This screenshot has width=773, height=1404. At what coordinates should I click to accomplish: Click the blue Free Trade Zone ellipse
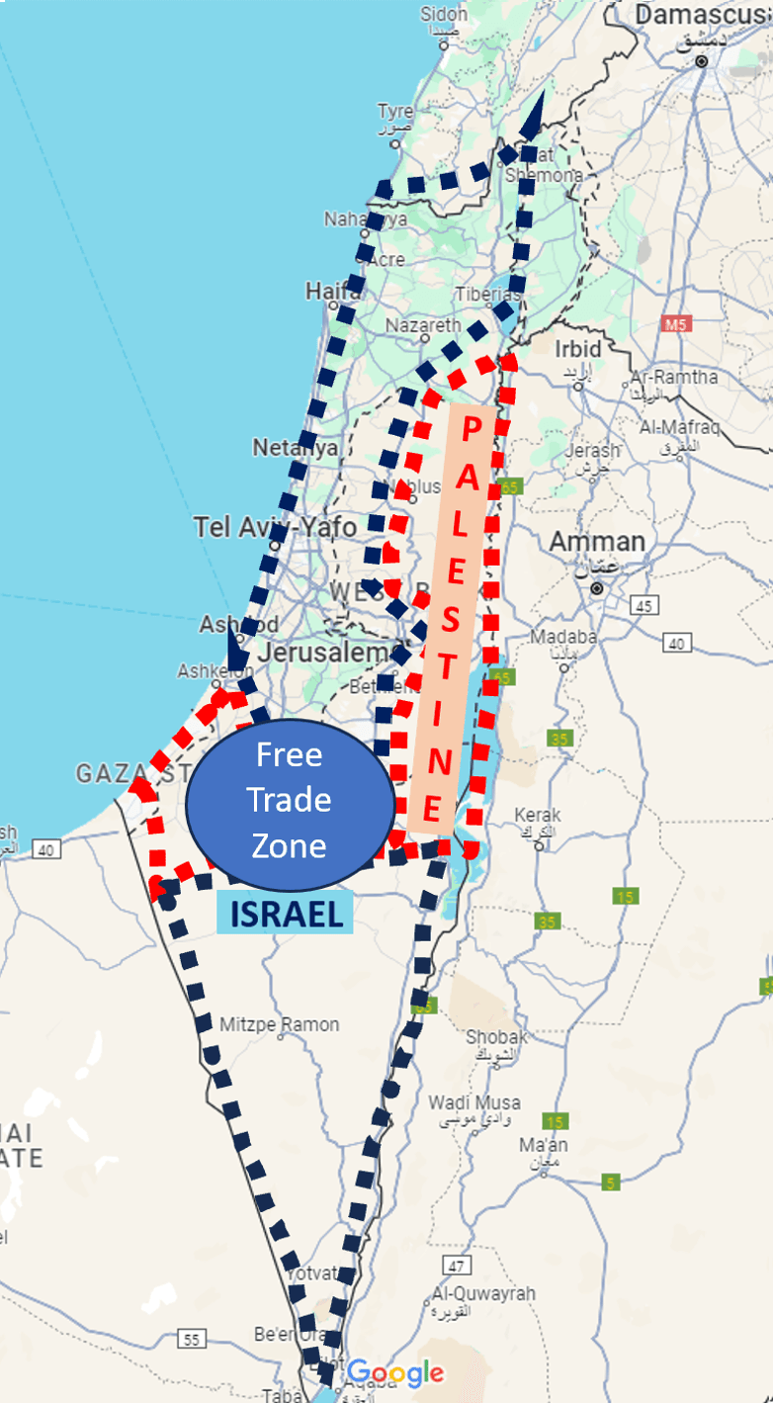click(290, 799)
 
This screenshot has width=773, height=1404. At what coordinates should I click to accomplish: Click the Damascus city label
click(701, 15)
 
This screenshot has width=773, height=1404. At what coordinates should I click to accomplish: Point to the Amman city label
click(597, 542)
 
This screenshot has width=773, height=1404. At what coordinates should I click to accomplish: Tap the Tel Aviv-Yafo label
click(275, 526)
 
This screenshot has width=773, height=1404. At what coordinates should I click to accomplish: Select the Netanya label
click(295, 447)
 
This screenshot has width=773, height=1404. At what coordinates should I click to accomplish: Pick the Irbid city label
click(577, 349)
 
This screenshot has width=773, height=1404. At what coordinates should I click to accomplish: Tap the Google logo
click(394, 1372)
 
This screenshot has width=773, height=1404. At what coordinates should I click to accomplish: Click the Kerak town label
click(538, 816)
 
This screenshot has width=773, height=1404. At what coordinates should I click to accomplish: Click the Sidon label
click(444, 15)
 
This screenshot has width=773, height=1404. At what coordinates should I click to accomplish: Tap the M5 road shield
click(677, 323)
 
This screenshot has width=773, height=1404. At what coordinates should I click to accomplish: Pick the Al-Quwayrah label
click(483, 1293)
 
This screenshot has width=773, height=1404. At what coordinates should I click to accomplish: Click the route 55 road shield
click(192, 1339)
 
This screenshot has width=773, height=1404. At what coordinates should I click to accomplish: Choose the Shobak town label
click(496, 1036)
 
